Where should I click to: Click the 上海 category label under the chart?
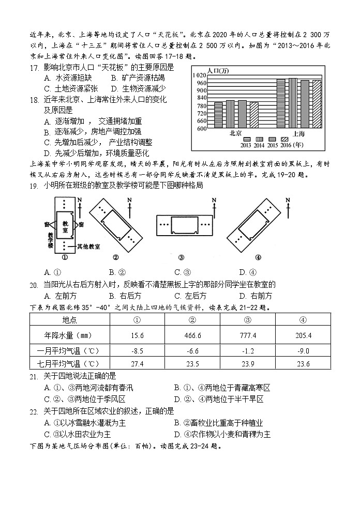click(x=298, y=133)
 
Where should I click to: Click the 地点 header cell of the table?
click(x=69, y=319)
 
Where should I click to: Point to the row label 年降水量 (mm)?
click(x=69, y=335)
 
